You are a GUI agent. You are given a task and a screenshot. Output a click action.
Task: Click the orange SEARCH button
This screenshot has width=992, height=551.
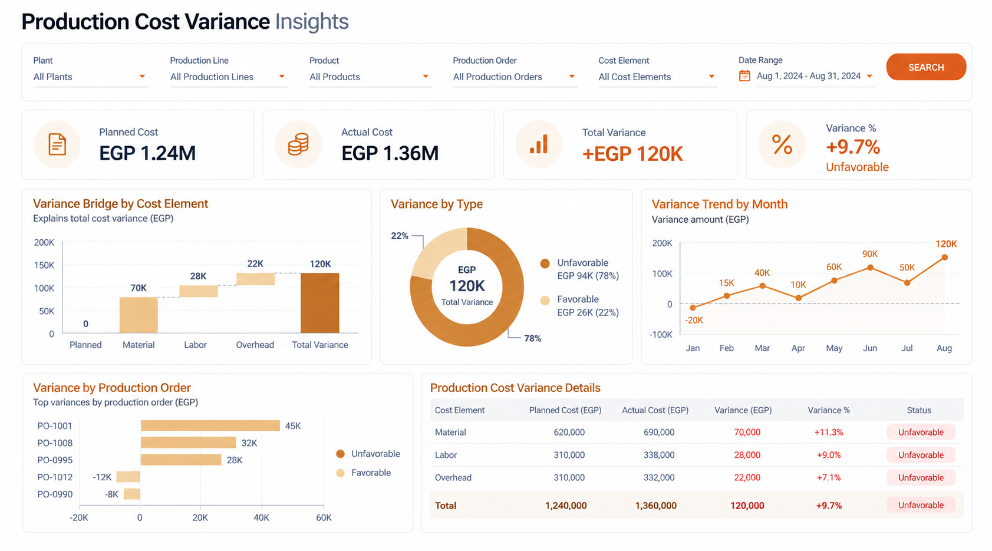926,67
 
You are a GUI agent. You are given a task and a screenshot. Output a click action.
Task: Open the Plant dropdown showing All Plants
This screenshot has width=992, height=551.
90,77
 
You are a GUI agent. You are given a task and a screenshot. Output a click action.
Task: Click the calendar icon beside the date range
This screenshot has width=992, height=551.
744,76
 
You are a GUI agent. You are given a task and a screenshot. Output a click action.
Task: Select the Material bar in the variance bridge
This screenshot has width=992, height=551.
139,315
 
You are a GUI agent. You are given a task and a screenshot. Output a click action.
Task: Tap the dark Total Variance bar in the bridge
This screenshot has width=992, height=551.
319,303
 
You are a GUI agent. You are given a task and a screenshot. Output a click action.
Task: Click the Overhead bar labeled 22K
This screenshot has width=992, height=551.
256,279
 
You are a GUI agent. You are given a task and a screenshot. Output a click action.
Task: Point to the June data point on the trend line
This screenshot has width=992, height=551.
870,268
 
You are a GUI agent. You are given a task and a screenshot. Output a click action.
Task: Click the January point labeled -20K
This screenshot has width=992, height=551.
693,308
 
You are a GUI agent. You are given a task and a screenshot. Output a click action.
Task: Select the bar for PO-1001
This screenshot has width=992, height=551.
210,425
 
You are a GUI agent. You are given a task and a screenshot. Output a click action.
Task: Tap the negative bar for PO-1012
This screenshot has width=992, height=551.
128,477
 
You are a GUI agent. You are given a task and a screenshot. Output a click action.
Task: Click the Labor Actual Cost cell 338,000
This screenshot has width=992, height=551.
659,455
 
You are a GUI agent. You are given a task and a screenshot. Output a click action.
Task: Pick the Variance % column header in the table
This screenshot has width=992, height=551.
829,410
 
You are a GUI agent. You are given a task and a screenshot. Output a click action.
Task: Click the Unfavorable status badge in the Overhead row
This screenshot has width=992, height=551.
921,477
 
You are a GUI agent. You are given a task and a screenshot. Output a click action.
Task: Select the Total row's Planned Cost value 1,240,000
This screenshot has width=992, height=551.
566,506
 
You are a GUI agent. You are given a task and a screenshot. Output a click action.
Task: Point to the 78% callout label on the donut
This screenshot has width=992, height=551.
532,338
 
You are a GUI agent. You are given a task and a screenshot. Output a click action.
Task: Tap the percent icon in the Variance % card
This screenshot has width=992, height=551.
782,144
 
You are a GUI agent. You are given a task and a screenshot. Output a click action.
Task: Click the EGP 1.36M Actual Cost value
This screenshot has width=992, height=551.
390,153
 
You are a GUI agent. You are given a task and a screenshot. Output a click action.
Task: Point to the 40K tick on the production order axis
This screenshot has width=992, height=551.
261,517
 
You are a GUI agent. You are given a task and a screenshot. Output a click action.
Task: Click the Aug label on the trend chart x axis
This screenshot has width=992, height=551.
944,348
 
